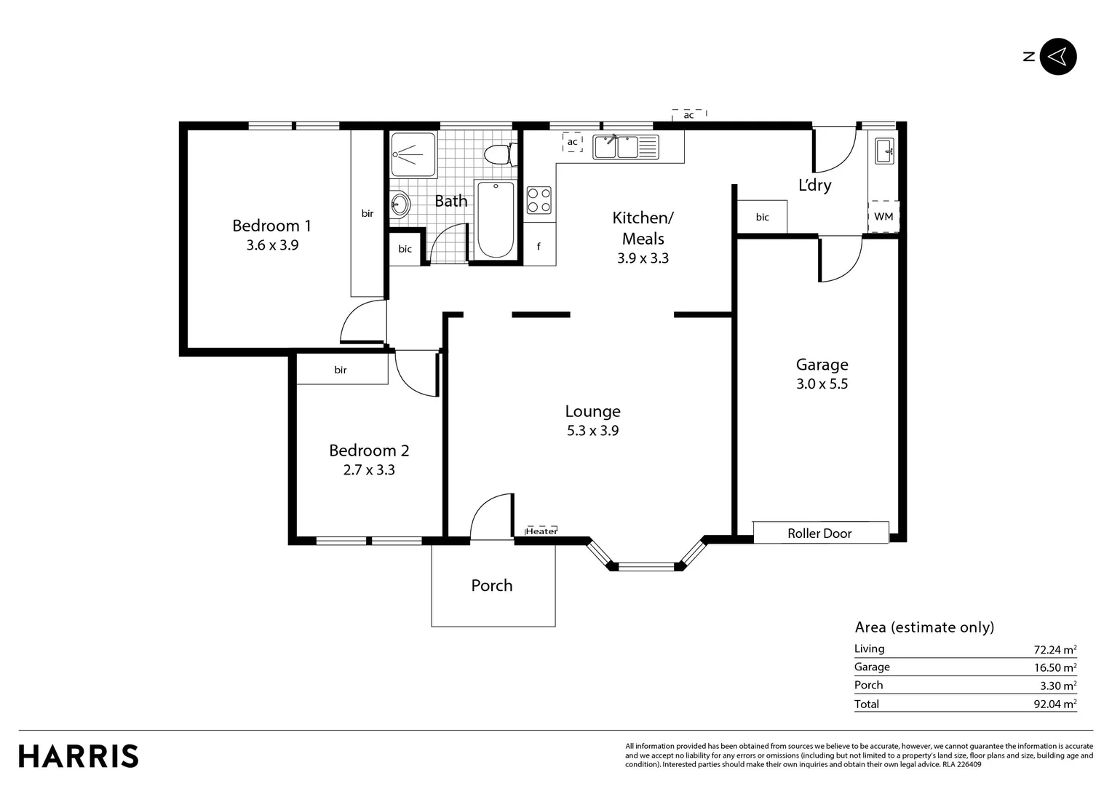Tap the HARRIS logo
coord(79,756)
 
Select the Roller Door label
coord(819,533)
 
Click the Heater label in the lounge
coord(541,531)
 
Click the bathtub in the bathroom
coord(496,220)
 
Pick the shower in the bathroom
coord(413,154)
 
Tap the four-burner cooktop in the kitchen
coord(539,200)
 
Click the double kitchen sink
coord(626,147)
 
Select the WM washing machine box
coord(883,216)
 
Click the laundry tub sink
coord(884,151)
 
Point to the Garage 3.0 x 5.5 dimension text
coord(822,384)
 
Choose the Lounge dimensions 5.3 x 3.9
coord(592,431)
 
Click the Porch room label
coord(491,585)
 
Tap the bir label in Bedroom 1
coord(368,213)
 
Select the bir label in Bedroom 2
coord(340,370)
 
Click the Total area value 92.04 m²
coord(1055,704)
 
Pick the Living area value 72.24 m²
coord(1055,649)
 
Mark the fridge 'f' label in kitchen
coord(539,246)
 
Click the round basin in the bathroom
coord(400,204)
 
